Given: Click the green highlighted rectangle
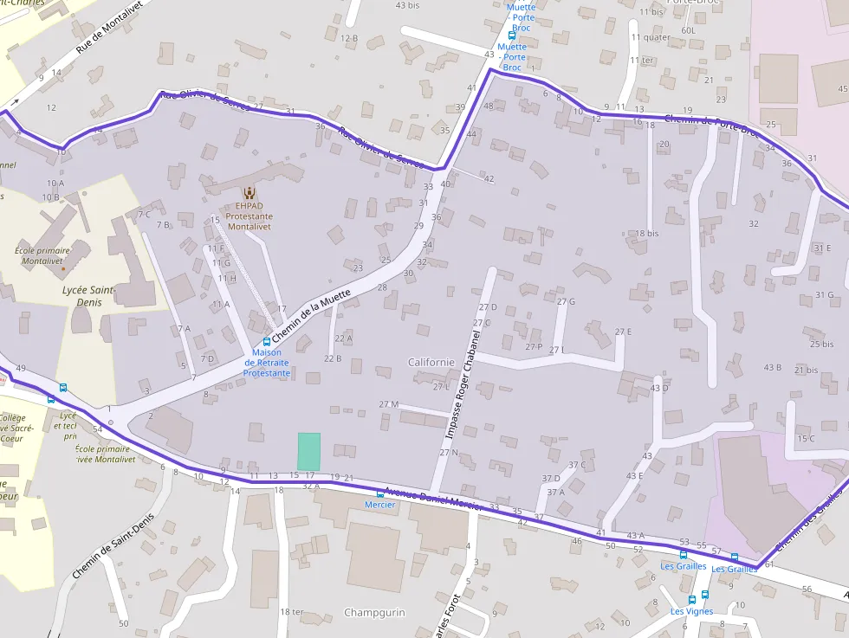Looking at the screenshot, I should (x=308, y=452).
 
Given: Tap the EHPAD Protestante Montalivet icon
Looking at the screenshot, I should (x=250, y=194).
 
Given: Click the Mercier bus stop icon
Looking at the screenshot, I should (x=379, y=493).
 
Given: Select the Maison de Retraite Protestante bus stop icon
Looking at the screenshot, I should (x=267, y=342).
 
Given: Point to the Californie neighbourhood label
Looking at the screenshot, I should (x=431, y=362).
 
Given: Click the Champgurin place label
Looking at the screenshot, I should (x=374, y=612).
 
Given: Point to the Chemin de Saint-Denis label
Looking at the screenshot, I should (x=107, y=545).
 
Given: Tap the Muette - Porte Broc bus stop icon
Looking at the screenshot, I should (x=512, y=36).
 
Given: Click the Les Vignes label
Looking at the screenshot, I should (x=691, y=611).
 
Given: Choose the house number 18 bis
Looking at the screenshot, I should (x=647, y=234).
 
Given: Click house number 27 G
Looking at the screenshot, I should (x=566, y=301).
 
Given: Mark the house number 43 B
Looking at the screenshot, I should (x=772, y=368).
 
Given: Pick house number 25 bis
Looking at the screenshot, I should (x=821, y=344).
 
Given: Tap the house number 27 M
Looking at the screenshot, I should (x=388, y=404).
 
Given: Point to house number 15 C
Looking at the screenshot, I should (x=806, y=438).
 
